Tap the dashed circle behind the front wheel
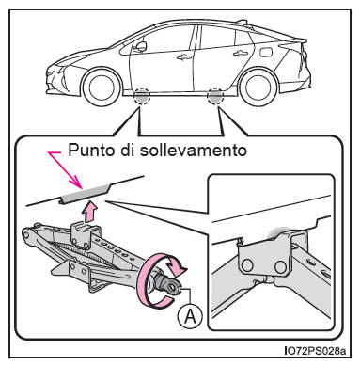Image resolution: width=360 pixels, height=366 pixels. point(141,96)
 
